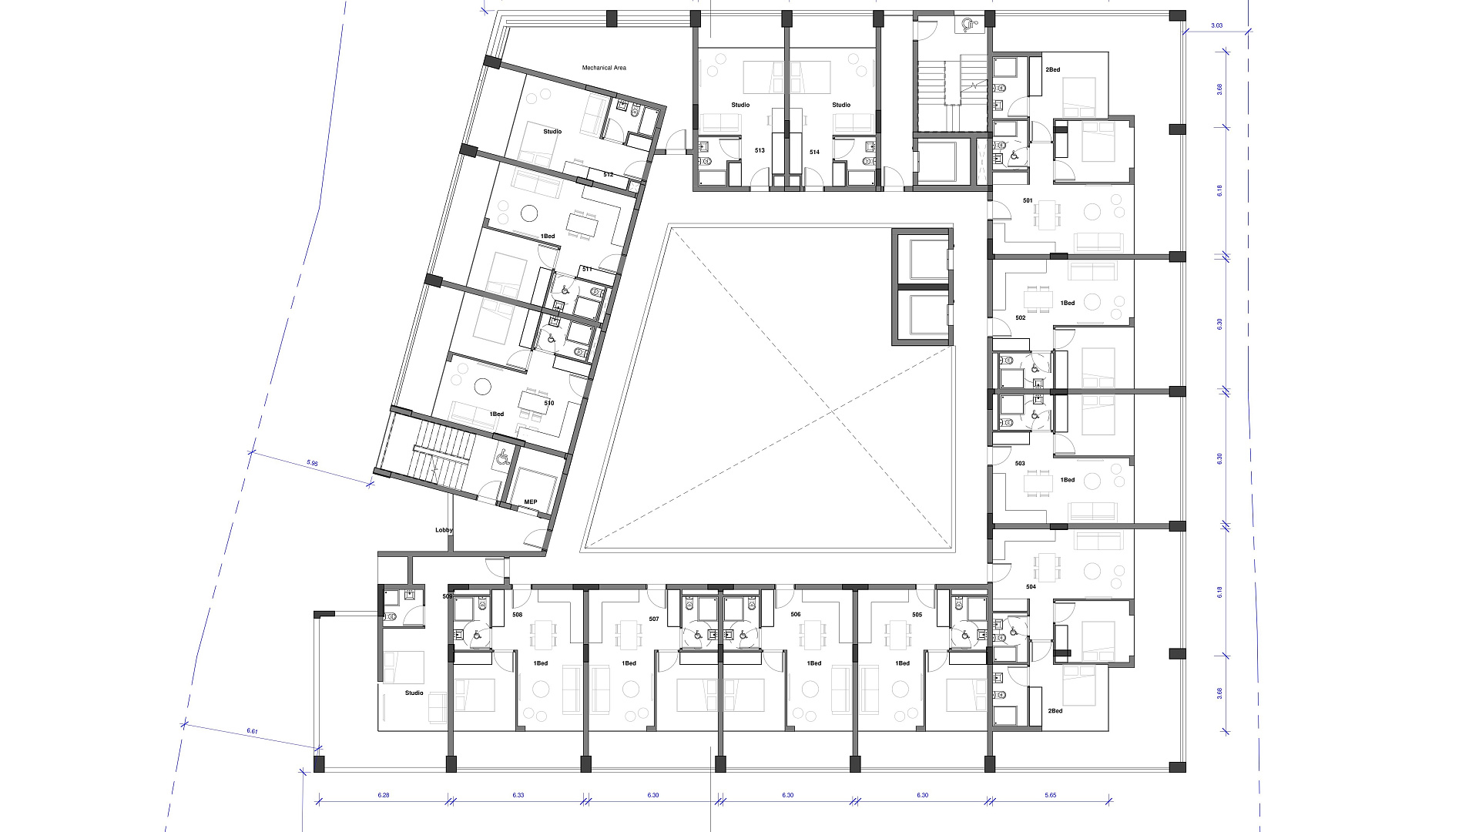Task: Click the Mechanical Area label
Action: (x=604, y=68)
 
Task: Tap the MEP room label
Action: (x=531, y=502)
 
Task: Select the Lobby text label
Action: (x=444, y=530)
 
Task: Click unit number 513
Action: (x=760, y=151)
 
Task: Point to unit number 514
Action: (x=814, y=153)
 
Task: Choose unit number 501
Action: (x=1028, y=201)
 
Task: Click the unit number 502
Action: (x=1021, y=317)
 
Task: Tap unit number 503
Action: (x=1020, y=464)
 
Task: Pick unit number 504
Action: (x=1031, y=587)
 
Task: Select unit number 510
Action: (x=549, y=403)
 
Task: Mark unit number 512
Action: (x=609, y=175)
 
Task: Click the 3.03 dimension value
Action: (x=1216, y=26)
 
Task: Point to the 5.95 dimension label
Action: (x=312, y=463)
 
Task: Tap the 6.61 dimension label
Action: (x=252, y=731)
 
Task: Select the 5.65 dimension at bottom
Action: (x=1051, y=795)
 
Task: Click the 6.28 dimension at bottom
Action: (x=384, y=795)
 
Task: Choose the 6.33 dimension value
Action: (x=518, y=795)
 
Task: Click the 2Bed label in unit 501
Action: (x=1052, y=70)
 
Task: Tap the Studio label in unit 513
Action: (x=740, y=105)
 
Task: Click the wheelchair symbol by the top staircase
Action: (x=968, y=25)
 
